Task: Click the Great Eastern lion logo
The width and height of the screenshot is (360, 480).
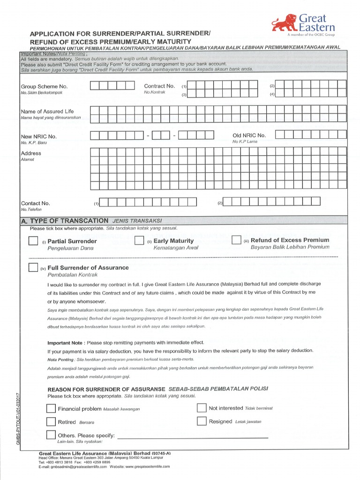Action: pyautogui.click(x=284, y=24)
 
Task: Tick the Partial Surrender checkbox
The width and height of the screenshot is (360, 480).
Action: pyautogui.click(x=33, y=241)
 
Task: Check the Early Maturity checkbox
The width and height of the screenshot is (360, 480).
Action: pyautogui.click(x=139, y=240)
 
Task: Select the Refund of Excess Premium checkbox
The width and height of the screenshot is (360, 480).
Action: pyautogui.click(x=236, y=240)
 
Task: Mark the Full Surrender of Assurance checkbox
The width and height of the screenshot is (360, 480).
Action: pyautogui.click(x=33, y=268)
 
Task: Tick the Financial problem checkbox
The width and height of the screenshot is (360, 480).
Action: pyautogui.click(x=51, y=409)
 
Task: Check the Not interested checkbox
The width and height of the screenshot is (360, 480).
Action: pyautogui.click(x=202, y=408)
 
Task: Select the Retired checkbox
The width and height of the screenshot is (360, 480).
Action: pyautogui.click(x=51, y=422)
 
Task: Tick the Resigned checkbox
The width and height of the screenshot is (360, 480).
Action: pyautogui.click(x=202, y=421)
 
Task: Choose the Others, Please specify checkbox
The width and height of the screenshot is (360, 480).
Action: pyautogui.click(x=51, y=435)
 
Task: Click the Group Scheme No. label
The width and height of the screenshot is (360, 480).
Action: pyautogui.click(x=44, y=87)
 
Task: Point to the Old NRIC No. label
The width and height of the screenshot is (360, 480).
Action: pyautogui.click(x=249, y=135)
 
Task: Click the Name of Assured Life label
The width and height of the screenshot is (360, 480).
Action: pyautogui.click(x=47, y=112)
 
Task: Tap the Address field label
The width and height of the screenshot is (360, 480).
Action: pyautogui.click(x=31, y=153)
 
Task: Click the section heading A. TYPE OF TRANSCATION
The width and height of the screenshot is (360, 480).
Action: pyautogui.click(x=65, y=221)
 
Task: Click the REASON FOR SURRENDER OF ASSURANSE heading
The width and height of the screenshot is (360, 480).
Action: pyautogui.click(x=106, y=390)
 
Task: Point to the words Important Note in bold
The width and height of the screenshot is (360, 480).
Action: pyautogui.click(x=65, y=343)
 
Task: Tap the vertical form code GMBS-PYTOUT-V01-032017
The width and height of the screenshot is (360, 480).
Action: pyautogui.click(x=19, y=419)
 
